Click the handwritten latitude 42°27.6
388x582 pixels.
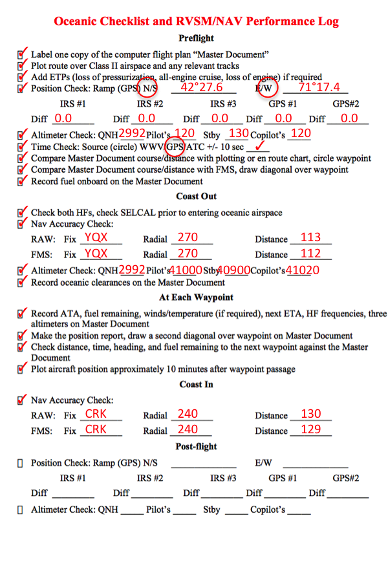pos(202,87)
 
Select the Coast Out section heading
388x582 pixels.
pos(196,196)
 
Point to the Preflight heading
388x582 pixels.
pos(196,39)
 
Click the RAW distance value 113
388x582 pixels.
pos(311,237)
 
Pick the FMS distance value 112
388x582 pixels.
pos(311,253)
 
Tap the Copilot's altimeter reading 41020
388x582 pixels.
pos(303,270)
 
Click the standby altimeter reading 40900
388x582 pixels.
pos(233,270)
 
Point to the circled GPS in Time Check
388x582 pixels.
pos(175,146)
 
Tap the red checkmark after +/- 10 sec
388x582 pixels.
pos(263,146)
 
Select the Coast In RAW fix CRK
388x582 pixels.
pos(96,414)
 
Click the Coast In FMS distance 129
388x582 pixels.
pos(311,429)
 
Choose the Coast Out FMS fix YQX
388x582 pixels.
pos(96,253)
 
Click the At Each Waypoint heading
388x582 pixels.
pos(196,297)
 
